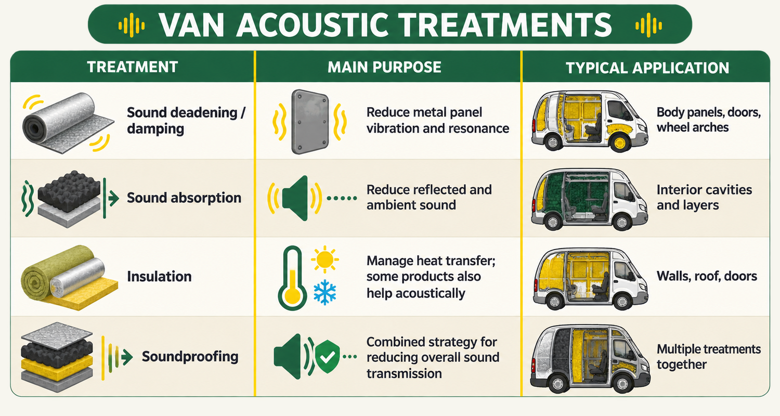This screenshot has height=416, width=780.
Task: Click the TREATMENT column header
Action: pyautogui.click(x=132, y=67)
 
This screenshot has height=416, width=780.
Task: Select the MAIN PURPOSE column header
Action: pyautogui.click(x=384, y=67)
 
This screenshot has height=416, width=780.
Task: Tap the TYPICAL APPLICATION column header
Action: pyautogui.click(x=647, y=68)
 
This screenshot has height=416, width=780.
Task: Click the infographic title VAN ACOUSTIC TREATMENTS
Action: pyautogui.click(x=385, y=25)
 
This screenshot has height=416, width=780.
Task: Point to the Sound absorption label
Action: pyautogui.click(x=184, y=198)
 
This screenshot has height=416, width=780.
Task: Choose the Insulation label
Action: pyautogui.click(x=159, y=277)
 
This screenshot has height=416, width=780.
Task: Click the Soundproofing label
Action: pyautogui.click(x=190, y=357)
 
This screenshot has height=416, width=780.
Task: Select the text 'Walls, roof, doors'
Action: pyautogui.click(x=707, y=276)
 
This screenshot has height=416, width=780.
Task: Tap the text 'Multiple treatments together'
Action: pyautogui.click(x=709, y=357)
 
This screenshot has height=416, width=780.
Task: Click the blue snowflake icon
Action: pyautogui.click(x=324, y=292)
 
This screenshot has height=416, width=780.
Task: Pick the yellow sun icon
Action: pyautogui.click(x=325, y=259)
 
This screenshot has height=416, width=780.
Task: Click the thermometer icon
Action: pyautogui.click(x=292, y=278)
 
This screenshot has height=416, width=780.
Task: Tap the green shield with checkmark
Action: pyautogui.click(x=327, y=357)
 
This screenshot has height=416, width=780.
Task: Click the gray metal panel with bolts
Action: pyautogui.click(x=310, y=122)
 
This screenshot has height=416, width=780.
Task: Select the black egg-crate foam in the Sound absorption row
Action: pyautogui.click(x=69, y=191)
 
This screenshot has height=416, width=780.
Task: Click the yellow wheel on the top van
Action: pyautogui.click(x=620, y=143)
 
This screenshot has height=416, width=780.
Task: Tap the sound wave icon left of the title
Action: pyautogui.click(x=131, y=25)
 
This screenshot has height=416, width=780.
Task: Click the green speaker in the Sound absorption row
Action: pyautogui.click(x=295, y=198)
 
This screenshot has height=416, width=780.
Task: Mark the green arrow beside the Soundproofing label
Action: pyautogui.click(x=127, y=357)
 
